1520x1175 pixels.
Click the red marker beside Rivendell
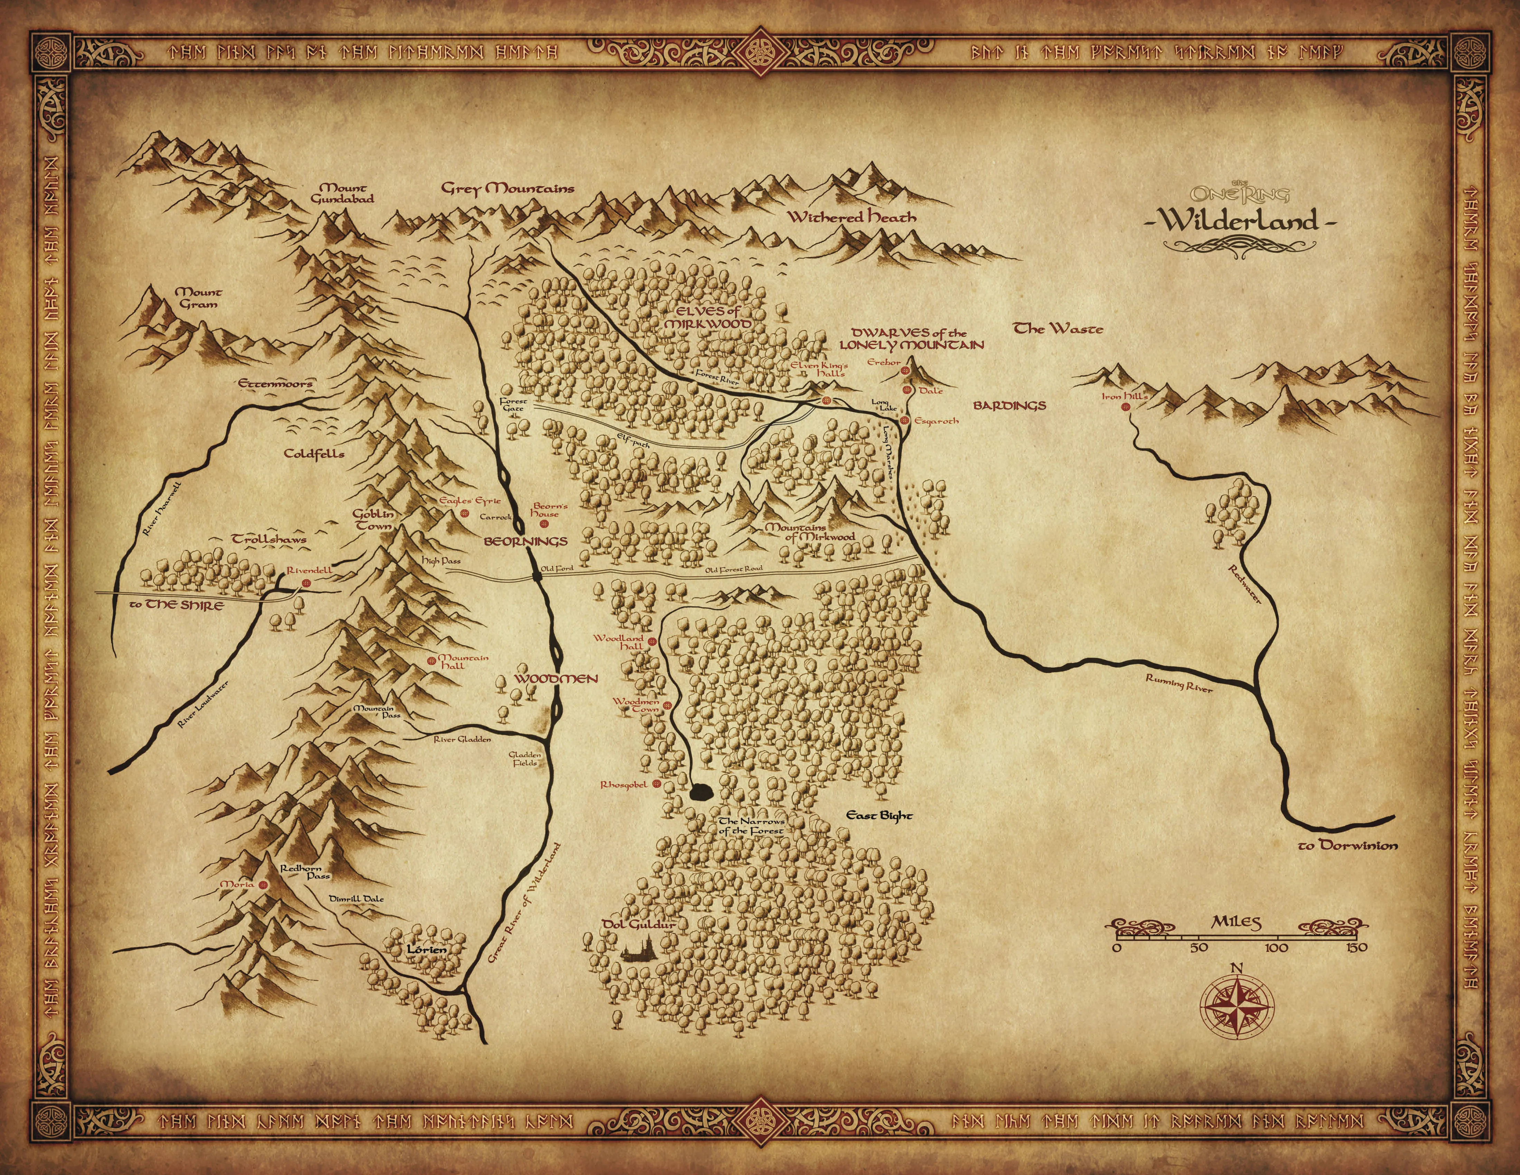pyautogui.click(x=305, y=582)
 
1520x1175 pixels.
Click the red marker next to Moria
pyautogui.click(x=263, y=885)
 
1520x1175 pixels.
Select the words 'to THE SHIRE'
pyautogui.click(x=178, y=605)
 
